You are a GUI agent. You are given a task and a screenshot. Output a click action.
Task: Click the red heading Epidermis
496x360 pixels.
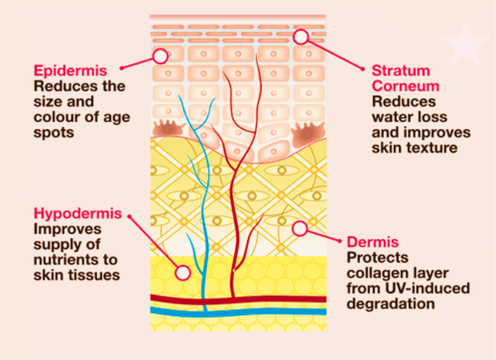point(70,71)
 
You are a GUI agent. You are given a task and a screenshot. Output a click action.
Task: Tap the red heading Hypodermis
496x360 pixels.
point(78,213)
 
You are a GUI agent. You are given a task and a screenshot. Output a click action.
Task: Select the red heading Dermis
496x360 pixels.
point(373,242)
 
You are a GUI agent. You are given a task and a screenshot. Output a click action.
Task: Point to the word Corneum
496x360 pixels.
point(406,86)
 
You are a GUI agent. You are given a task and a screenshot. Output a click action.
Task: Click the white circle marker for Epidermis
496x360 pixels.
point(160,56)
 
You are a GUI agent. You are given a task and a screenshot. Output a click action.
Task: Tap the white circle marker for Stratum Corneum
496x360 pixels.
point(301,37)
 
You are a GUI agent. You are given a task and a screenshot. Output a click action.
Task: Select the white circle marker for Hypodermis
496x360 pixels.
point(183,272)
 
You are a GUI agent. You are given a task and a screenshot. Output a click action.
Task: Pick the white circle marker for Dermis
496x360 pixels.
point(300,228)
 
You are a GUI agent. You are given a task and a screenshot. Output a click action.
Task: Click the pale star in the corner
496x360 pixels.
point(464,42)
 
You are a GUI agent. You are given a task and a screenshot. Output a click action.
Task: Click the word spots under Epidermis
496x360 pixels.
point(54,132)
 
